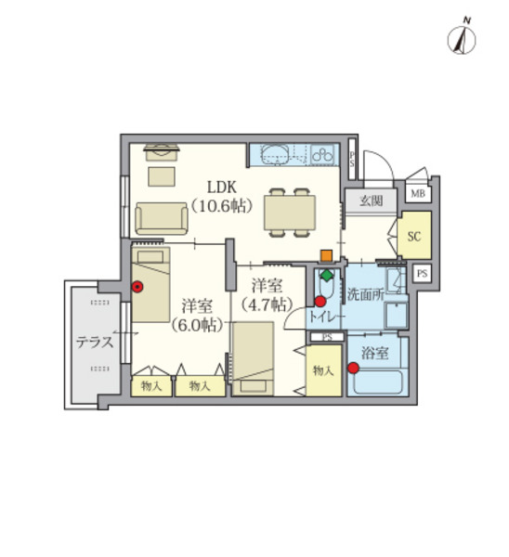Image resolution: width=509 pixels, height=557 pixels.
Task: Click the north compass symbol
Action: [461, 39]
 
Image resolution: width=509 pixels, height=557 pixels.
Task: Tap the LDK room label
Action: [222, 187]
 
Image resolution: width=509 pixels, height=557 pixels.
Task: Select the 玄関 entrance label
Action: [372, 201]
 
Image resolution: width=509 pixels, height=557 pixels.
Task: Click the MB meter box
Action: [418, 194]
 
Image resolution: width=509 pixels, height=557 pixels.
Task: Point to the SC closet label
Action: [414, 236]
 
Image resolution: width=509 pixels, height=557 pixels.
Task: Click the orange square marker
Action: [326, 256]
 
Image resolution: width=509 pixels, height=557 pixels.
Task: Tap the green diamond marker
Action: [327, 275]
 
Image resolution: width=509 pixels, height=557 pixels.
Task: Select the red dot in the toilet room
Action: [320, 302]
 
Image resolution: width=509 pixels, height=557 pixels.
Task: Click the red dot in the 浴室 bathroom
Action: [353, 368]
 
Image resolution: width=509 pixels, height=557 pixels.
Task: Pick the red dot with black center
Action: [137, 287]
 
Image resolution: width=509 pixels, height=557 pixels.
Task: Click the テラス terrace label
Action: [95, 342]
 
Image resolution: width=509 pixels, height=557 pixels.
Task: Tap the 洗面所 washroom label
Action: [366, 294]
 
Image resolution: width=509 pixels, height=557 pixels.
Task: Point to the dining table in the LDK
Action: [290, 213]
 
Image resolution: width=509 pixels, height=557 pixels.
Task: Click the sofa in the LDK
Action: [162, 218]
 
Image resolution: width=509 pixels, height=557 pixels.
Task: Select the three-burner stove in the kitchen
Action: [322, 154]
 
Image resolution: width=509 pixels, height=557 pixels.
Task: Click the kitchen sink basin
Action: [277, 154]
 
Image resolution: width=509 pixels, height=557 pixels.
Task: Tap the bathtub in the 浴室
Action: [378, 382]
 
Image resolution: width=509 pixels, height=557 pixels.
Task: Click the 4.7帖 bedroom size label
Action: [267, 304]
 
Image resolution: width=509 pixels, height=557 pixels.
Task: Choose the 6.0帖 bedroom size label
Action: [197, 325]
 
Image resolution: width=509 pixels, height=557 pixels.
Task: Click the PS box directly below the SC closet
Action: [423, 274]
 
